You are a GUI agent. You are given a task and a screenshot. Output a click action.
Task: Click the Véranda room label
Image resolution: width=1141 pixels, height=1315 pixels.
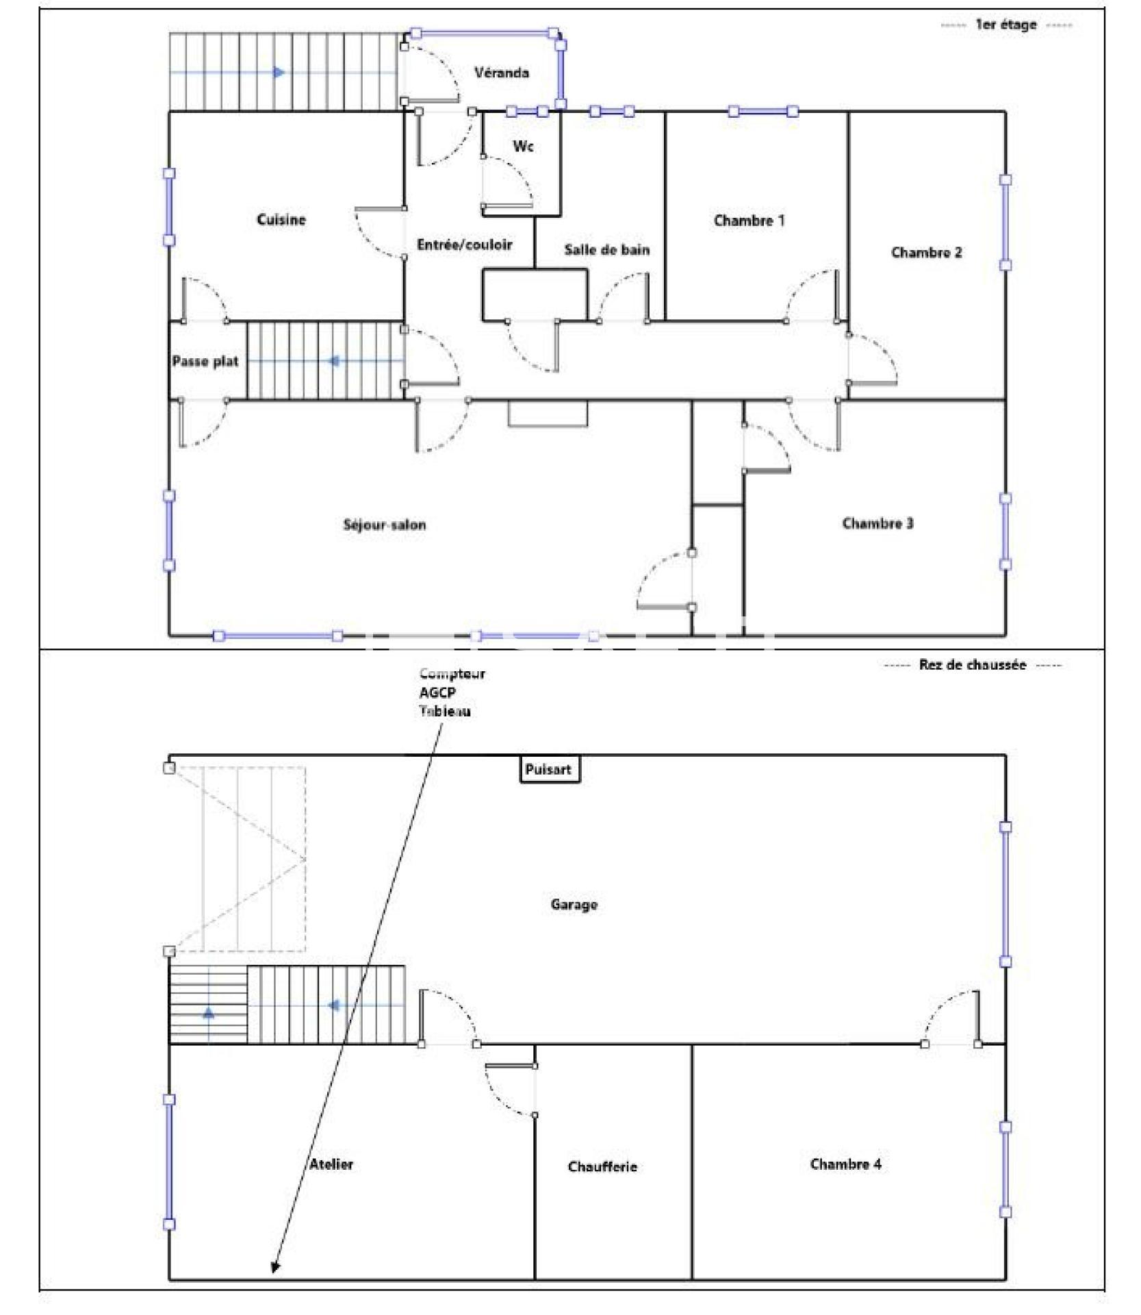(x=501, y=72)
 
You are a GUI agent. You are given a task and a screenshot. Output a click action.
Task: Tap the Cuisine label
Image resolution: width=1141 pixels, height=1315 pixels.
(x=281, y=219)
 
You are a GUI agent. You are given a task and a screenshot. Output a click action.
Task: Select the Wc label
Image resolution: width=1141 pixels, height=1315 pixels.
(x=523, y=146)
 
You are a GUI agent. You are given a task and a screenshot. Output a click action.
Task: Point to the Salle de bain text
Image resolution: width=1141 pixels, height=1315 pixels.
(x=606, y=249)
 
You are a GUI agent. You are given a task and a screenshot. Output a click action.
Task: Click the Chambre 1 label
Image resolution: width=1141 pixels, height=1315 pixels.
(x=749, y=220)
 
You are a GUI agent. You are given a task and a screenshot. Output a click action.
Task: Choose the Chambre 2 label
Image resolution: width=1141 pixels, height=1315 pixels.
(x=926, y=252)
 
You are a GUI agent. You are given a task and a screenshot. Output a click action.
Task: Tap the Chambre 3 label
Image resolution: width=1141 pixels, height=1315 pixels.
(x=877, y=523)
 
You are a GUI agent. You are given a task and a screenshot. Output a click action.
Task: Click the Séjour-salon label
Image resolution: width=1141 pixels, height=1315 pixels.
(x=384, y=525)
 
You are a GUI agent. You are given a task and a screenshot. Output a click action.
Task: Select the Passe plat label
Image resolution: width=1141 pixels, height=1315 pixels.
(x=205, y=361)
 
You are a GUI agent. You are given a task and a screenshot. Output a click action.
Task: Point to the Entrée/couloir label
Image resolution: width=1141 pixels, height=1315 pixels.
(x=464, y=245)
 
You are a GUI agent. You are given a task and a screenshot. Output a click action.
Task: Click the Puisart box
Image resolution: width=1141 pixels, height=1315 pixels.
(x=549, y=769)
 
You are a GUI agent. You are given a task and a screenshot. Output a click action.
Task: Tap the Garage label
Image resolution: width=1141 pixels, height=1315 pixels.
(x=574, y=904)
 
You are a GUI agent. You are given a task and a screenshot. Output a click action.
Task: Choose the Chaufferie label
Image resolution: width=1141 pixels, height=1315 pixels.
(x=602, y=1166)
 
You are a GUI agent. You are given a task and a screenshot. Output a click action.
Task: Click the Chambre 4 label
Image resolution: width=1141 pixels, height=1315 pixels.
(x=845, y=1164)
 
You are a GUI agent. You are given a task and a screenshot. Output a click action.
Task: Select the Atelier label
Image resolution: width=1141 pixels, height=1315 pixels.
(x=331, y=1164)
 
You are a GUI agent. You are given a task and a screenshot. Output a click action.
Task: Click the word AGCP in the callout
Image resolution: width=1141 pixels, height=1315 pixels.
(x=437, y=692)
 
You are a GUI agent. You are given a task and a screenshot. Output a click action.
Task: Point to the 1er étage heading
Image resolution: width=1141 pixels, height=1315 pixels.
(x=1005, y=25)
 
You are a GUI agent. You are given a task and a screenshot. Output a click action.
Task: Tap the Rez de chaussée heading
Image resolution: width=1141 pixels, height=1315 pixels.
(x=972, y=664)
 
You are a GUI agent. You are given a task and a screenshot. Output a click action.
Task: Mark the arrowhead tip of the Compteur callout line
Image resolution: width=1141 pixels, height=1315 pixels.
(x=273, y=1273)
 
